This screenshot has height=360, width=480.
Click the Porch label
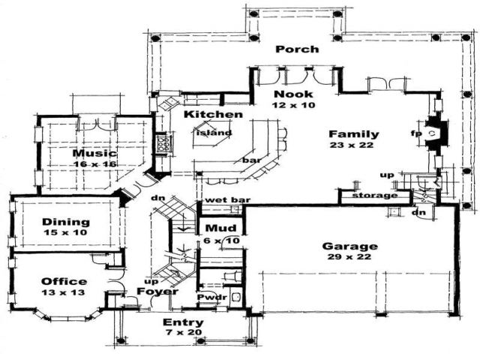[297, 49]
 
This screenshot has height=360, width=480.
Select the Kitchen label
[214, 114]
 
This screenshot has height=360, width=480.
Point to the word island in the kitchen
[214, 133]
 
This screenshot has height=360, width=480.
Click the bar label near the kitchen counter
[250, 160]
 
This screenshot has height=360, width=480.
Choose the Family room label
[353, 134]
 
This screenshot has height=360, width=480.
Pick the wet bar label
[225, 200]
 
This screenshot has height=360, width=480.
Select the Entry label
[180, 322]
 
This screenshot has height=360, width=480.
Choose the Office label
[63, 281]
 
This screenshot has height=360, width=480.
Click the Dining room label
[66, 222]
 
